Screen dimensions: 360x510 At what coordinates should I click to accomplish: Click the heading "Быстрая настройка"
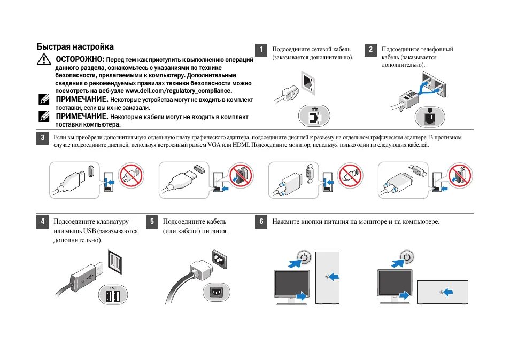click(75, 47)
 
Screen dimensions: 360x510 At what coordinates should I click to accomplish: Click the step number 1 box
click(261, 50)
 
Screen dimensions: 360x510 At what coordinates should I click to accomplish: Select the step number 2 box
click(370, 50)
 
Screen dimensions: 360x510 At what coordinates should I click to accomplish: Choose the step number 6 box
click(261, 222)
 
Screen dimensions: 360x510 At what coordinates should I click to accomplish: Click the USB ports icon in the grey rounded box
click(113, 295)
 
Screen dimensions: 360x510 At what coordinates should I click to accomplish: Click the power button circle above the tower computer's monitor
click(304, 257)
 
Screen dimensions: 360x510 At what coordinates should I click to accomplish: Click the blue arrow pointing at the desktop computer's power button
click(448, 292)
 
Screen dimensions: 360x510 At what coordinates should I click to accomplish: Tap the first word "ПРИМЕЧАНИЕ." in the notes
click(82, 100)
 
